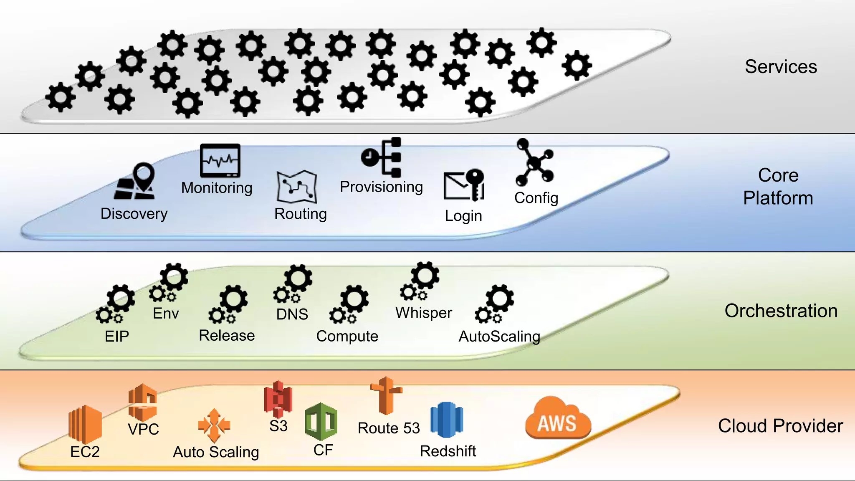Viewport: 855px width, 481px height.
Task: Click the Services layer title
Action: click(781, 67)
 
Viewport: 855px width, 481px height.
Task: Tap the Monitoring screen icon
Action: click(220, 161)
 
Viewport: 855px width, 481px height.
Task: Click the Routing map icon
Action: click(297, 187)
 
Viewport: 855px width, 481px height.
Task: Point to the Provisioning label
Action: click(381, 187)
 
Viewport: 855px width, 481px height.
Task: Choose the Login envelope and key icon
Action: click(464, 185)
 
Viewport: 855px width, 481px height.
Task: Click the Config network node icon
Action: click(534, 163)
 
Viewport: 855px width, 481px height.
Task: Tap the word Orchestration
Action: click(781, 311)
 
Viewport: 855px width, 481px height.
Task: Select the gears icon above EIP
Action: click(116, 304)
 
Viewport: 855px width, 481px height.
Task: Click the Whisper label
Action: click(424, 313)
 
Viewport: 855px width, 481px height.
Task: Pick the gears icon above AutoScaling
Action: click(495, 304)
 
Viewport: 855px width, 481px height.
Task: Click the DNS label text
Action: click(292, 314)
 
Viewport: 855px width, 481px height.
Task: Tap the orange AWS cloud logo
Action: click(557, 419)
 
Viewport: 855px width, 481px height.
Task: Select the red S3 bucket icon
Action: click(278, 399)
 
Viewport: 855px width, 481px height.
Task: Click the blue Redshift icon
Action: click(447, 419)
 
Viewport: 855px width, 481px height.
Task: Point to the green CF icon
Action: click(321, 421)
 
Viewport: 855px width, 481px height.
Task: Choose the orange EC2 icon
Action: click(85, 424)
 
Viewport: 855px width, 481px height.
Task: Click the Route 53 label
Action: click(389, 428)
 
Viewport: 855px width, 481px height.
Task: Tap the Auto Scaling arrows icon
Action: click(214, 425)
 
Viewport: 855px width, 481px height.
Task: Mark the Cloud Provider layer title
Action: click(780, 426)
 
